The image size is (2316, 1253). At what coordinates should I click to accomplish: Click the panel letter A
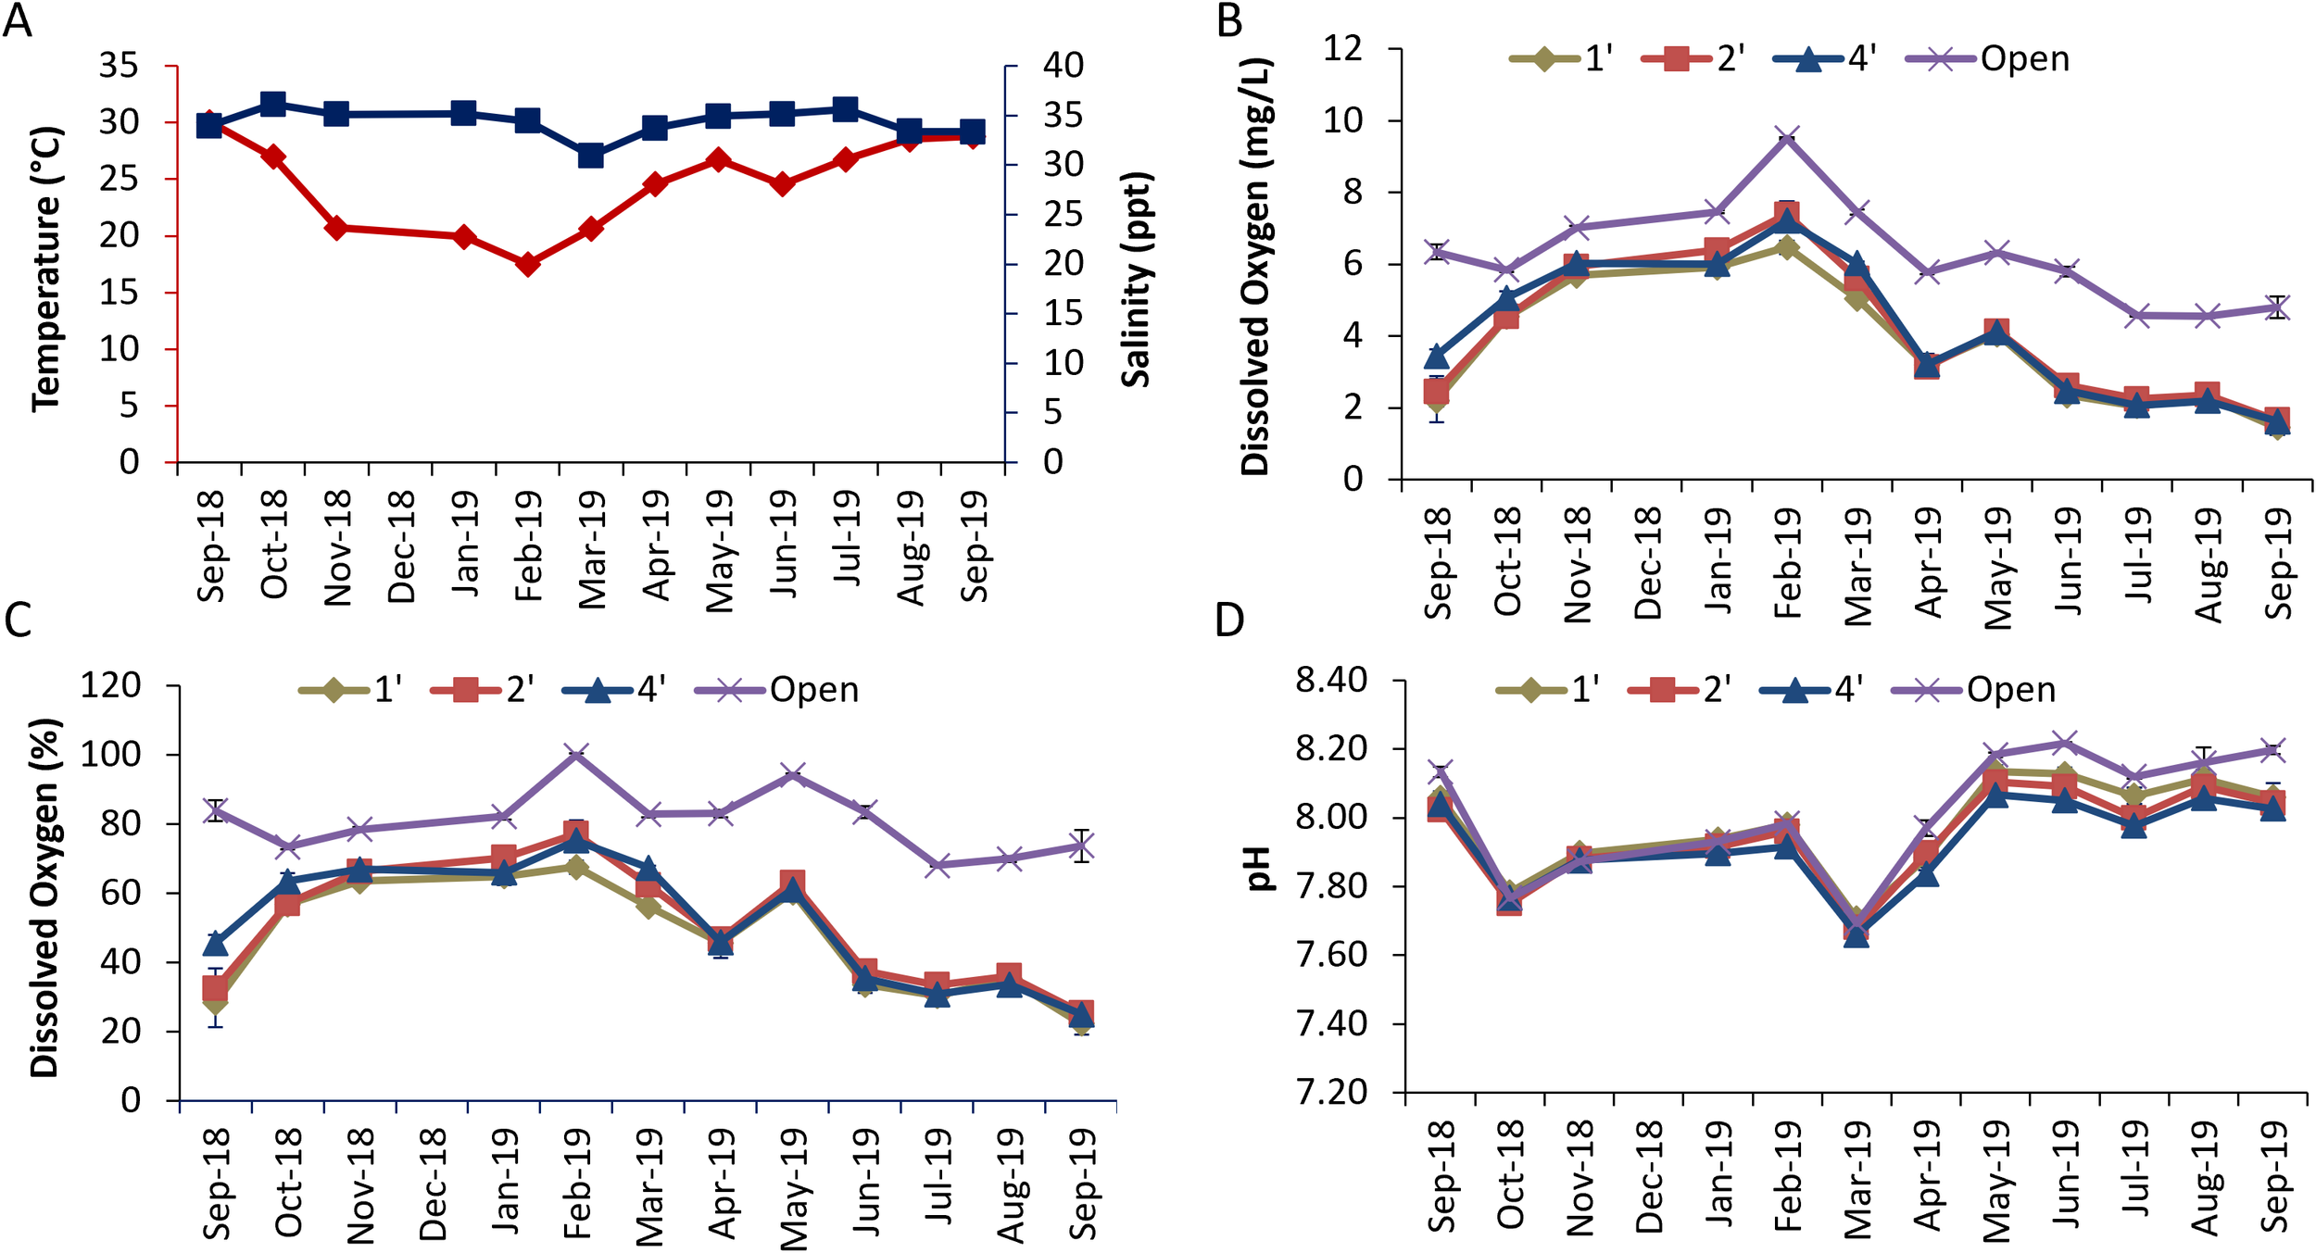click(x=18, y=20)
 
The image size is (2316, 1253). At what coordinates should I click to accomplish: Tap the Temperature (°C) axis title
click(x=46, y=269)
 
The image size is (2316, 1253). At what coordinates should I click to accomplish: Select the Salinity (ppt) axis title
click(x=1136, y=279)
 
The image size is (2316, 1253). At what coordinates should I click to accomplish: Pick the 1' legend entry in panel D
click(x=1548, y=690)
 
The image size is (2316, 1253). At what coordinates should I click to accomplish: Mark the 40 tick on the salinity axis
click(x=1063, y=66)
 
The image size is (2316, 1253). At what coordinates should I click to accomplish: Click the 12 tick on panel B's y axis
click(x=1342, y=48)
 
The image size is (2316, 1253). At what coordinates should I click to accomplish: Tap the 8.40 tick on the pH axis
click(x=1330, y=681)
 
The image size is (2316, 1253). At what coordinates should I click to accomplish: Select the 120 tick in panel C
click(x=110, y=686)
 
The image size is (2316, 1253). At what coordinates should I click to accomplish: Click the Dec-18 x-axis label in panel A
click(x=400, y=546)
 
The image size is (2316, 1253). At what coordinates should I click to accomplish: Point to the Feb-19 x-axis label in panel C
click(x=576, y=1183)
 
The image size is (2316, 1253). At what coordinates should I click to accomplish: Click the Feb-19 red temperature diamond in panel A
click(x=528, y=265)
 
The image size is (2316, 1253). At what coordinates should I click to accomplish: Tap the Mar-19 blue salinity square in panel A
click(x=591, y=156)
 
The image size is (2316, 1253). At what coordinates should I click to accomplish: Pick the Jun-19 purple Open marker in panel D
click(x=2066, y=743)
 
